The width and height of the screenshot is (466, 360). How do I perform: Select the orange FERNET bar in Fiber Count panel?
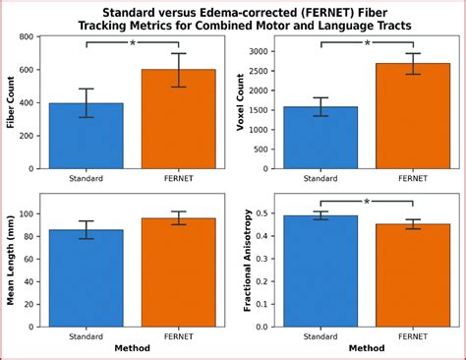178,119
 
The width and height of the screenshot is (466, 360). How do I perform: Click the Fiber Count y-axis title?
12,102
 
